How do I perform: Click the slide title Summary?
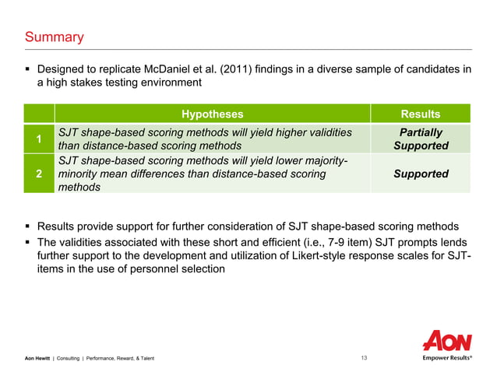(x=55, y=37)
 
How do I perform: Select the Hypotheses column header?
(x=212, y=114)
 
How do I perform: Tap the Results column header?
(x=420, y=114)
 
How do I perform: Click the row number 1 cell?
(x=39, y=139)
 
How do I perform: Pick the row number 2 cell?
(x=39, y=174)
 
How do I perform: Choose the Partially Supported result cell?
(x=421, y=139)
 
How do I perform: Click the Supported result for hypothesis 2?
(x=421, y=174)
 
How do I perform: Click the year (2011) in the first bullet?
(x=265, y=69)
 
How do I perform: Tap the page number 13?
(x=364, y=358)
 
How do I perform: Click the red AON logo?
(x=447, y=340)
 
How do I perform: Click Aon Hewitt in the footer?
(x=37, y=358)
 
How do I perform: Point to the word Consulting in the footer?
(x=70, y=358)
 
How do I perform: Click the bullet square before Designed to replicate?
(x=29, y=70)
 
